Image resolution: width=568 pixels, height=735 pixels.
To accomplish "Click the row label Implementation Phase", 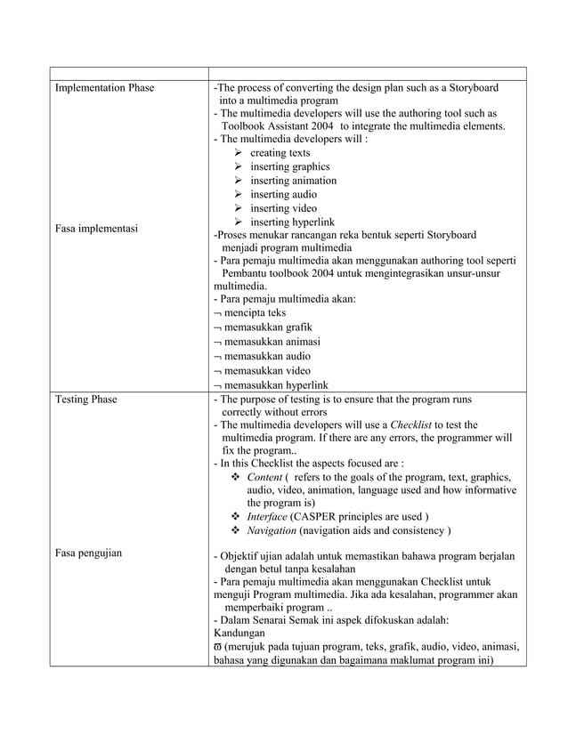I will click(x=104, y=88).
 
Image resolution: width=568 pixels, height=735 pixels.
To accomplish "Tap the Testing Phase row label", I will click(x=85, y=400).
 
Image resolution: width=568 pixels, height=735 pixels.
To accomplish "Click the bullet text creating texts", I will click(x=280, y=153).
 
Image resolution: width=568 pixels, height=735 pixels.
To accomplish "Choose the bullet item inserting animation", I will click(x=293, y=181).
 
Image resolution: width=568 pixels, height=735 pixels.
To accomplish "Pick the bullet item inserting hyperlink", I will click(x=292, y=222).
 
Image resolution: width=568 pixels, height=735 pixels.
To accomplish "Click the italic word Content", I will click(x=264, y=477).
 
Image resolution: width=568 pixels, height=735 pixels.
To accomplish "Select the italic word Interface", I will click(x=268, y=517).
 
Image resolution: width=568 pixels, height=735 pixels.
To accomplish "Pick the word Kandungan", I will click(x=240, y=633).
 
